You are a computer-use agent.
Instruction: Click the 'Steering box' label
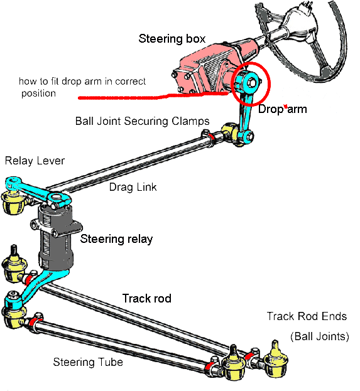pos(172,39)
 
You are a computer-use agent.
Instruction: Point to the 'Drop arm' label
pos(282,109)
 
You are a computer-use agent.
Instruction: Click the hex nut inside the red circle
pos(252,83)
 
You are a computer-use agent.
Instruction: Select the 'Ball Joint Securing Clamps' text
pos(142,121)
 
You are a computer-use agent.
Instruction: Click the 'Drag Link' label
pos(133,187)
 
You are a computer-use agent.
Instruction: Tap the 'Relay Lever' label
pos(35,161)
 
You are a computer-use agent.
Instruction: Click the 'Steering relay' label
pos(116,239)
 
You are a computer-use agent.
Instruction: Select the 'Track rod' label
pos(147,298)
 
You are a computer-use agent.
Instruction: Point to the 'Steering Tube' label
pos(88,362)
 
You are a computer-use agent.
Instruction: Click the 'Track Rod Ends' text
pos(307,316)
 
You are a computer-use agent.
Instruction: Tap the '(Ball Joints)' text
pos(320,336)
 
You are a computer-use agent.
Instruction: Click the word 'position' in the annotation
pos(38,94)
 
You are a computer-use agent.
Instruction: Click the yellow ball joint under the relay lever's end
pos(13,202)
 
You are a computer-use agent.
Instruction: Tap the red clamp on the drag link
pos(211,137)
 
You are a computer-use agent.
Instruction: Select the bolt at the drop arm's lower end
pos(249,136)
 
